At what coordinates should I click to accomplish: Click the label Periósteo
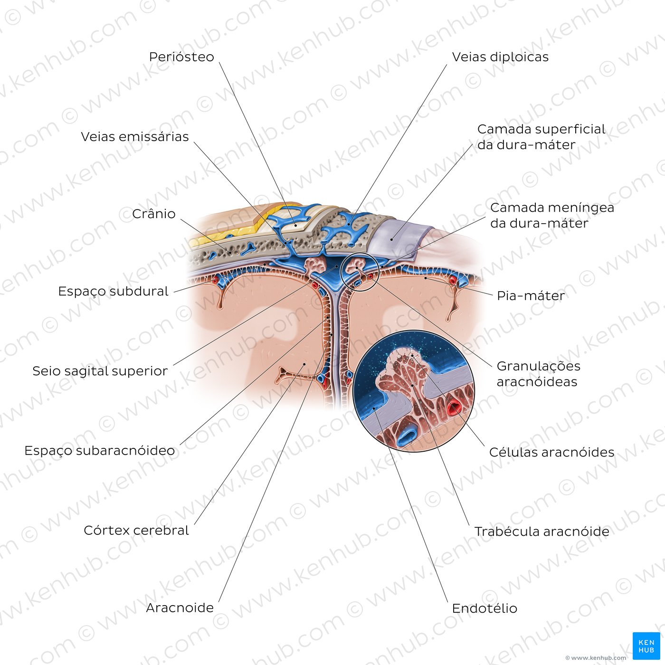(x=181, y=57)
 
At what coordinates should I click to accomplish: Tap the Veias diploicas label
(x=500, y=57)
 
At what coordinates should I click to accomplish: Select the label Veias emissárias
(x=134, y=137)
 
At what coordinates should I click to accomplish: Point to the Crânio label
(x=154, y=214)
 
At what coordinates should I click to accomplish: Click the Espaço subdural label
(x=113, y=291)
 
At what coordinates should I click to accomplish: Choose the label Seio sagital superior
(x=100, y=371)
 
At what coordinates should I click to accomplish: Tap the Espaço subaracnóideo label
(x=99, y=450)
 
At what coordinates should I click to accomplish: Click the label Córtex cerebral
(x=136, y=530)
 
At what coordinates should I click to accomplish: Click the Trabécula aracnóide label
(x=541, y=532)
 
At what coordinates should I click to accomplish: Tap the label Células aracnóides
(x=551, y=452)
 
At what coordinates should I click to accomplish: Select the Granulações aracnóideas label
(x=538, y=374)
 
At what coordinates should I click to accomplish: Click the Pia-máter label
(x=531, y=296)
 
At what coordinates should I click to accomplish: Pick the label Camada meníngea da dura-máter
(x=552, y=215)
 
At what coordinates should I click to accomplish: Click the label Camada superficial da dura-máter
(x=541, y=137)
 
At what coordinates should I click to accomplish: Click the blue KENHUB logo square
(x=646, y=646)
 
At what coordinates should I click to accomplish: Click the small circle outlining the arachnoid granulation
(x=341, y=272)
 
